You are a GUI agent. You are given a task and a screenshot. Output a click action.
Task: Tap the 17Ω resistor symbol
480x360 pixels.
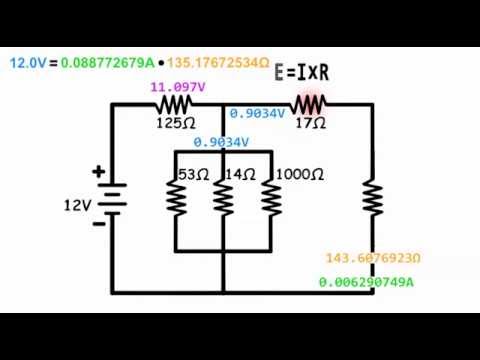[310, 104]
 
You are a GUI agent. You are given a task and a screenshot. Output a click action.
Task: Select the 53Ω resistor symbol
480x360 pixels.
[177, 198]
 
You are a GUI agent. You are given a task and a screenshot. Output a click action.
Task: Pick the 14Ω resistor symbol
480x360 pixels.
[223, 198]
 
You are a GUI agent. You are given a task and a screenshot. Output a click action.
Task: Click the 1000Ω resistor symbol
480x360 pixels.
[270, 198]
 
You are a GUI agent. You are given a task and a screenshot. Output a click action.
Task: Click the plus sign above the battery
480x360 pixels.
[98, 172]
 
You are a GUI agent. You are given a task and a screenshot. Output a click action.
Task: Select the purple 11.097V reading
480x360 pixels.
[177, 87]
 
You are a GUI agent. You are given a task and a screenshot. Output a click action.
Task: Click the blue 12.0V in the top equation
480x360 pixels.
[27, 62]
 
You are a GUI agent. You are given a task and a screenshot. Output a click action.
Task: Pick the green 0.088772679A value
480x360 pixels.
[107, 62]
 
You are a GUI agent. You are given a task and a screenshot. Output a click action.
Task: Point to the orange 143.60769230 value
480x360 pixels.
[372, 259]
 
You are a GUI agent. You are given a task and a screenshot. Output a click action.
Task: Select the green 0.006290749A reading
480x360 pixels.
[366, 282]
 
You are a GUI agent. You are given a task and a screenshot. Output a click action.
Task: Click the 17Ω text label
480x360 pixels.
[311, 123]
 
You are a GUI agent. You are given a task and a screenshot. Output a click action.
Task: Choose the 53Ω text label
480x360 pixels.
[192, 174]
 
